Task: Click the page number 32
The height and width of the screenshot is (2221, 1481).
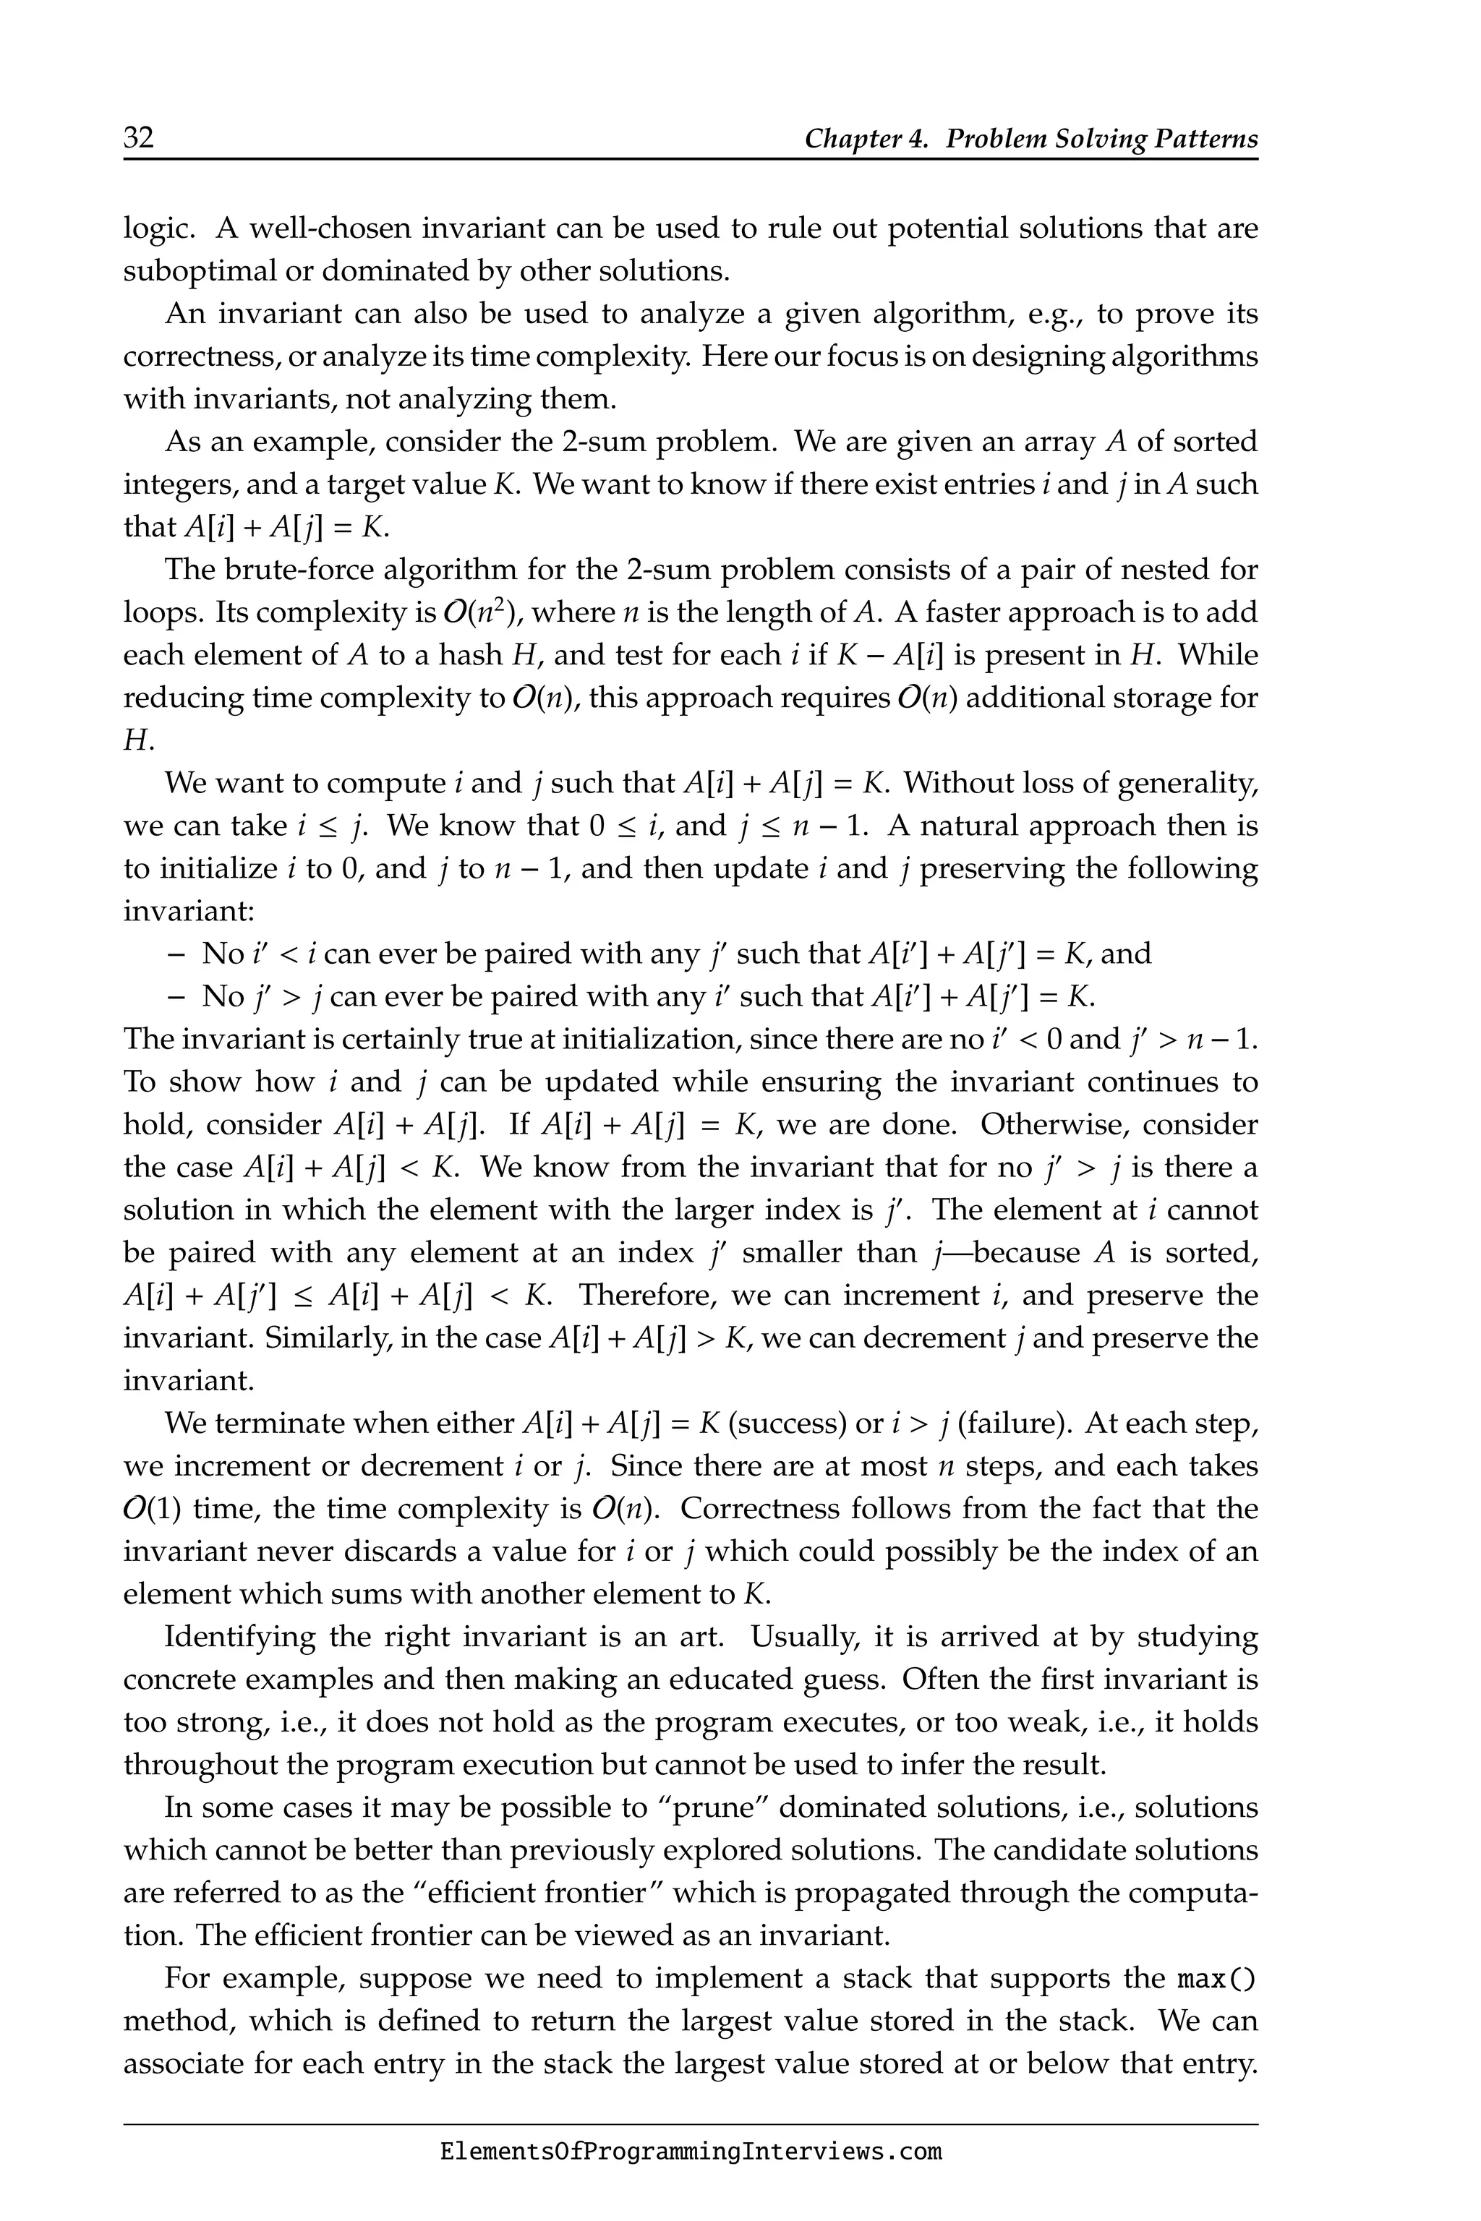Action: tap(139, 139)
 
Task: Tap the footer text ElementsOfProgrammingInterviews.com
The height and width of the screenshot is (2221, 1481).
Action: tap(691, 2152)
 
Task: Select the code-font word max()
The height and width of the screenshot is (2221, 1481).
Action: tap(1218, 1977)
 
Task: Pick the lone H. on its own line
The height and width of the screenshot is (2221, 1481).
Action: tap(138, 740)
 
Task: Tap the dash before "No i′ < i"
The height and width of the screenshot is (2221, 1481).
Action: tap(175, 954)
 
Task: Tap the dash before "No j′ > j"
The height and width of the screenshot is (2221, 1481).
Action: tap(175, 996)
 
